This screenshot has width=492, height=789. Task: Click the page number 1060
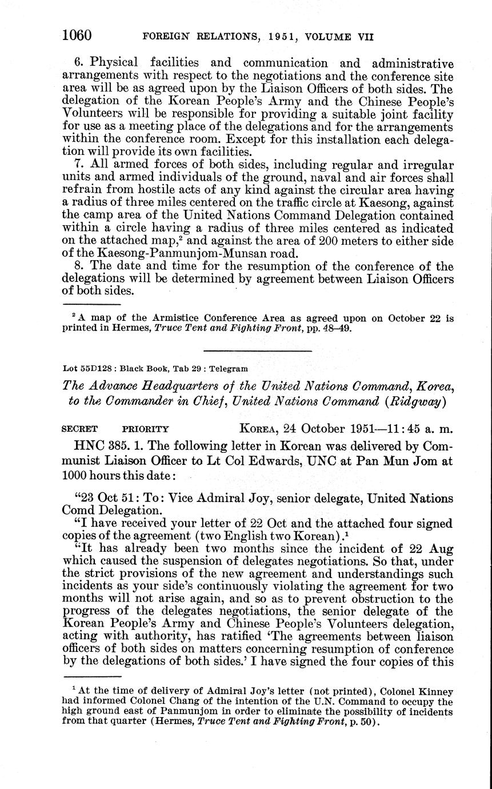[x=77, y=35]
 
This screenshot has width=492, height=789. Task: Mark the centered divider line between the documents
[x=258, y=350]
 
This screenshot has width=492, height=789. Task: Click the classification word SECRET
[x=79, y=428]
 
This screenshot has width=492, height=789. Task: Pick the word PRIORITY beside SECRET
[x=146, y=428]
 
